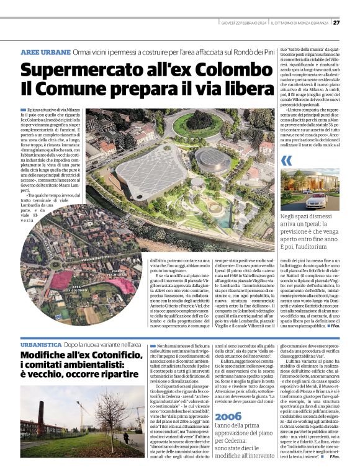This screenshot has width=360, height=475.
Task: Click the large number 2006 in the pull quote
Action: pyautogui.click(x=227, y=416)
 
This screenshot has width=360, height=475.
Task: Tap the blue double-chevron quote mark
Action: pyautogui.click(x=286, y=161)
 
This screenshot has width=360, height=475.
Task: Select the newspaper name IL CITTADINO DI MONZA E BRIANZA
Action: pyautogui.click(x=299, y=24)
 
